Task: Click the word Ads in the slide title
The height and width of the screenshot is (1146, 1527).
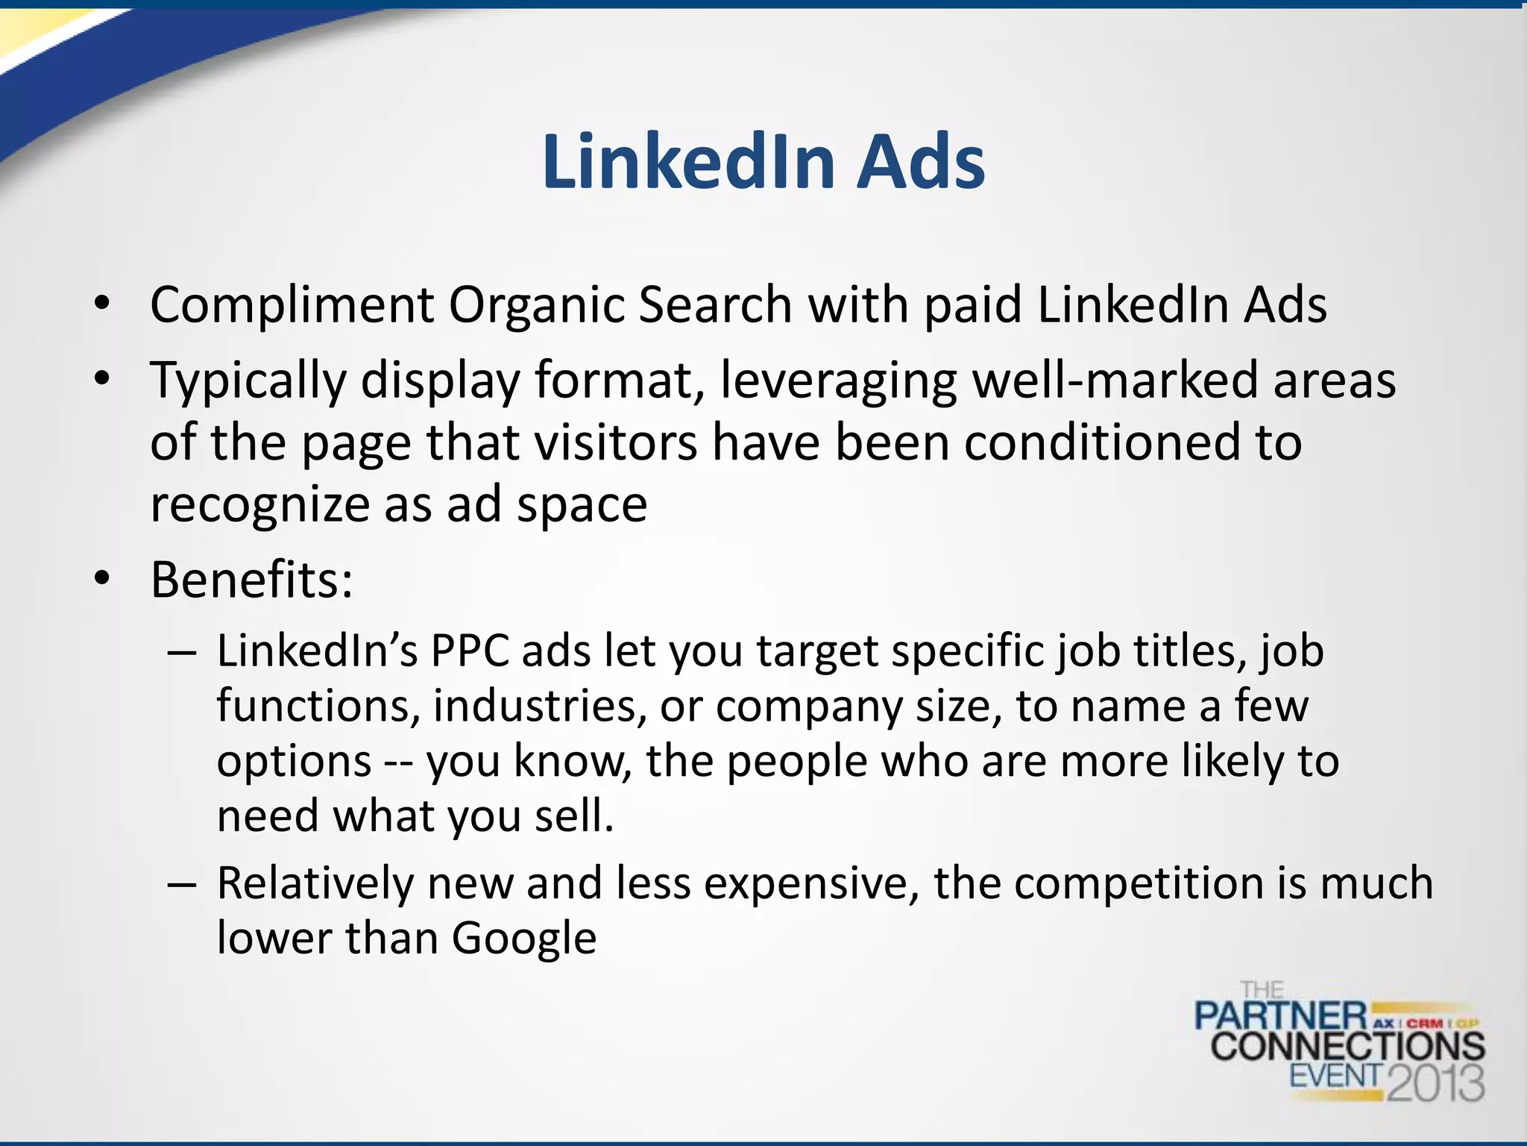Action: (921, 162)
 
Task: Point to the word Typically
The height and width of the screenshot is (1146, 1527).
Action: (248, 381)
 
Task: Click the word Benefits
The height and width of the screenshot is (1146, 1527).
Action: (245, 580)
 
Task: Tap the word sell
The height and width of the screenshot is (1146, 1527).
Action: (574, 815)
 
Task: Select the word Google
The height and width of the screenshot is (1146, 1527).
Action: (523, 939)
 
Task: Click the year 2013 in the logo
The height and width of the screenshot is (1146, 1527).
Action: (1435, 1081)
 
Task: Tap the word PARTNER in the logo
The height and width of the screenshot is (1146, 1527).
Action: (1281, 1016)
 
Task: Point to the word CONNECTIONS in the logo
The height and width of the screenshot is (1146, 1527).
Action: (1347, 1046)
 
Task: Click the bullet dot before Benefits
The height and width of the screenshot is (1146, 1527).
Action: (102, 578)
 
